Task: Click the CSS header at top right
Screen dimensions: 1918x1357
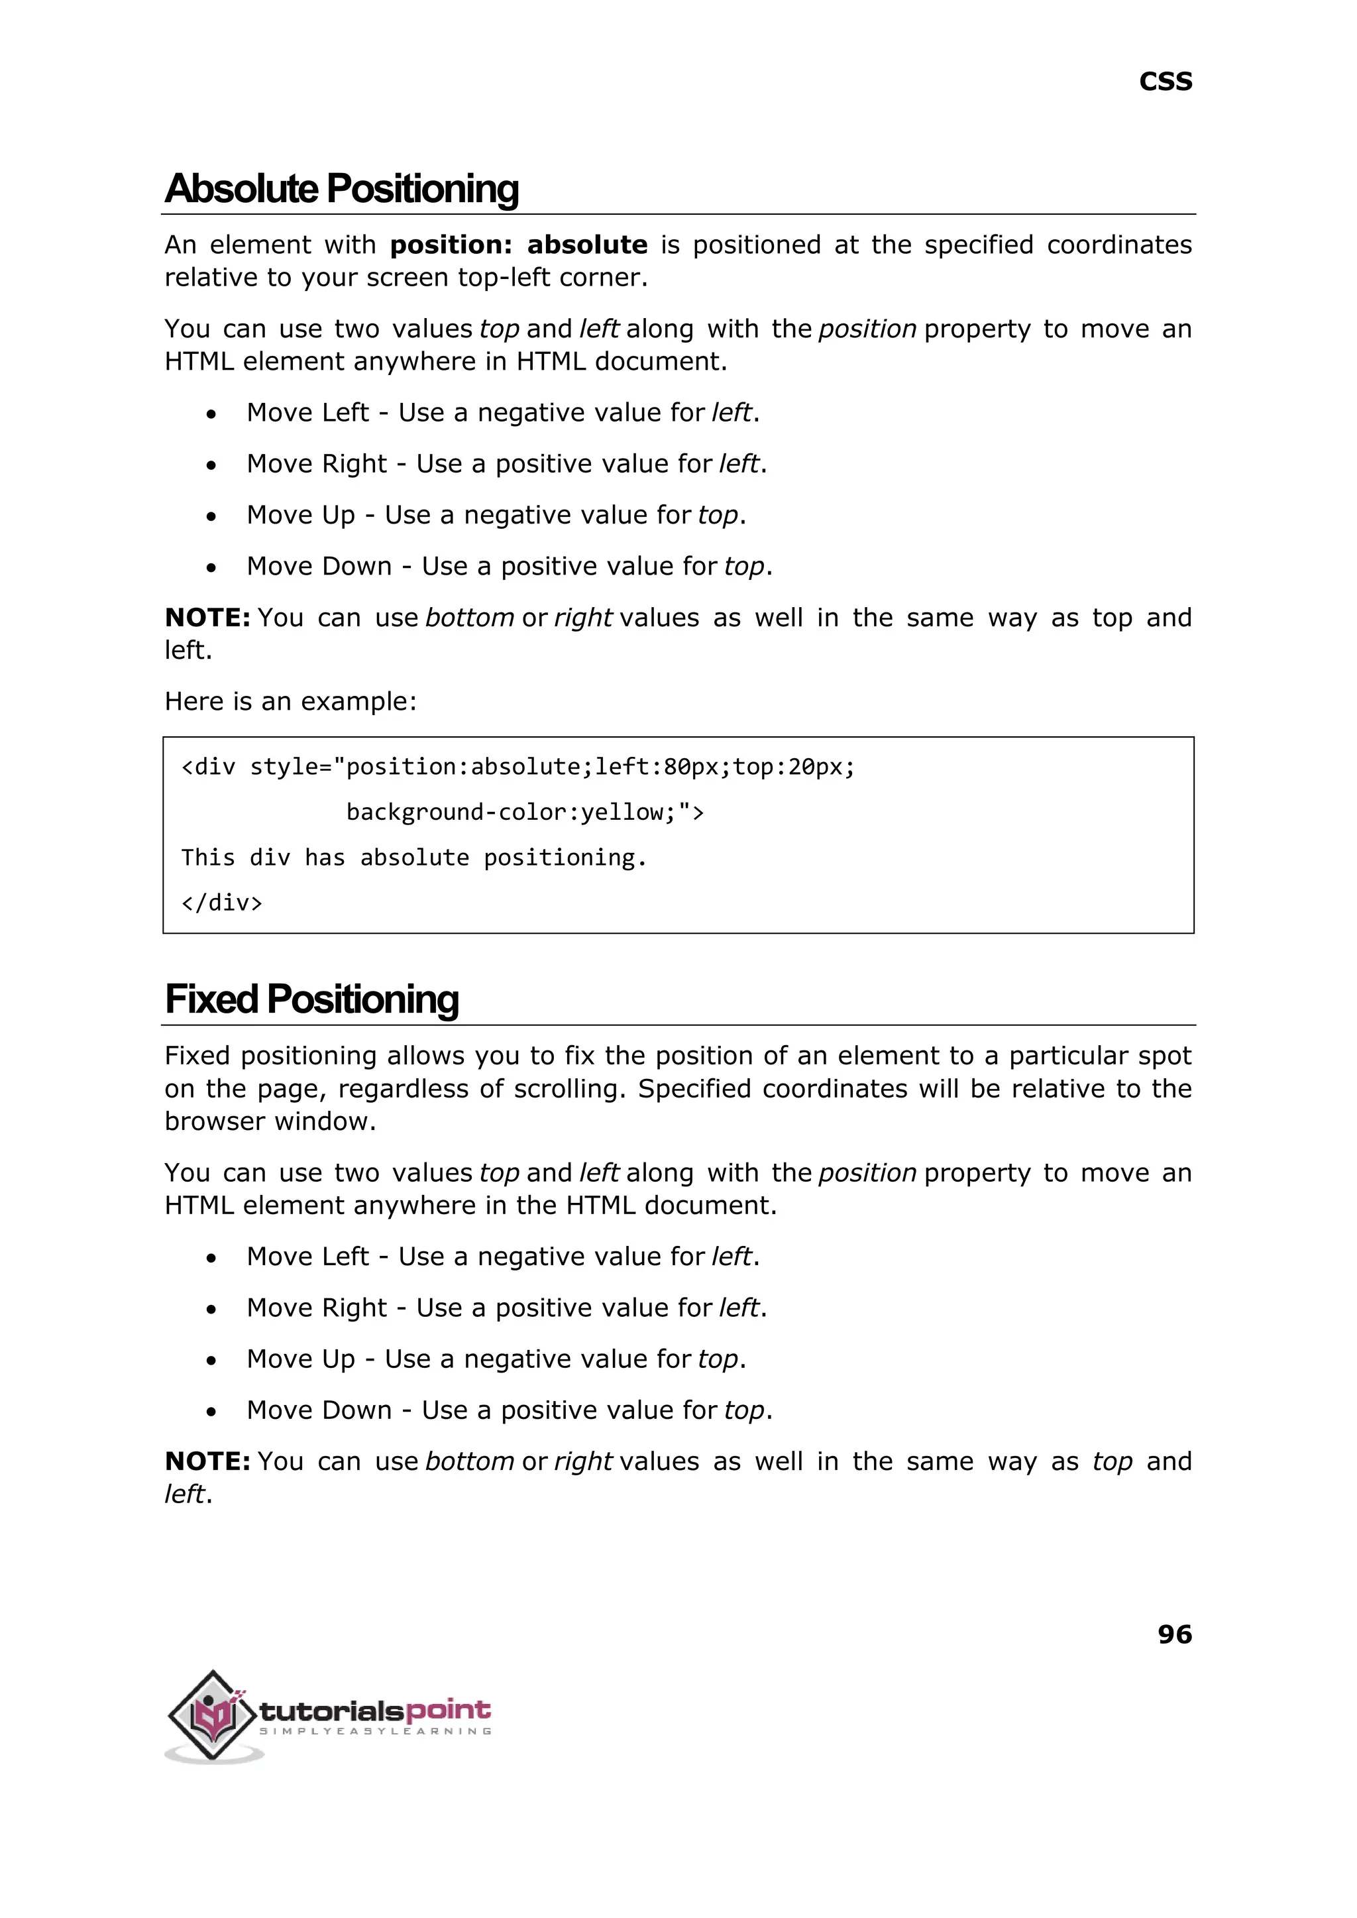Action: (1165, 82)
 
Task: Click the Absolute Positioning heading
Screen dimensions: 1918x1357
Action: (342, 188)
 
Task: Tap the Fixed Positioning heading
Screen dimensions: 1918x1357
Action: (311, 999)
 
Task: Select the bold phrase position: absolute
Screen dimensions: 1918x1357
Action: (518, 245)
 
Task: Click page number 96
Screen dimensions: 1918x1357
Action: (1174, 1633)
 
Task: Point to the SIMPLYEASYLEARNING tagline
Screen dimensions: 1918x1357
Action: (375, 1731)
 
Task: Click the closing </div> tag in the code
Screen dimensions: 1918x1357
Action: (221, 903)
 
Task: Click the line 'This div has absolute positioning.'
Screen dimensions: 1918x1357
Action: (413, 858)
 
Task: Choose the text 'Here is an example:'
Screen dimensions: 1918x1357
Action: (290, 701)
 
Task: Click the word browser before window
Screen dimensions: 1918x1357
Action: (215, 1121)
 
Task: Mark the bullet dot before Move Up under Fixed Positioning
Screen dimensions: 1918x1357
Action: (211, 1361)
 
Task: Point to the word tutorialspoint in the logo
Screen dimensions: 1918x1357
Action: (375, 1710)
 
